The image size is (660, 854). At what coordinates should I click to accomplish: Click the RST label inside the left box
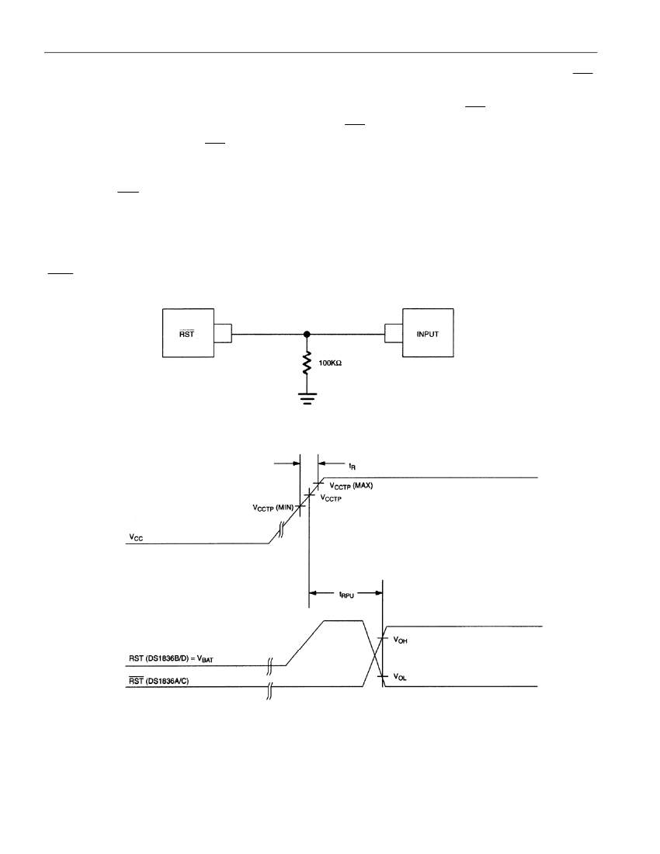point(187,334)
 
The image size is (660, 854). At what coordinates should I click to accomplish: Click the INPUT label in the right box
point(428,334)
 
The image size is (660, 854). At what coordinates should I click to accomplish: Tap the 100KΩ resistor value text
point(330,363)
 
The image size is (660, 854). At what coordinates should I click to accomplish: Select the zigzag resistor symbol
point(307,363)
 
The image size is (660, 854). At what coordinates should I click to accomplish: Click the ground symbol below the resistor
point(307,399)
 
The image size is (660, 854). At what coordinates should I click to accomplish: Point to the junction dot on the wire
point(307,334)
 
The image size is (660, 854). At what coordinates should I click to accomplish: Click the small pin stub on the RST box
point(223,333)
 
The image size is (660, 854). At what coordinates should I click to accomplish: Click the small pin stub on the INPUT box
point(393,333)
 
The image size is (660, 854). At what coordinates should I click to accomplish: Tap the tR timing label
point(353,467)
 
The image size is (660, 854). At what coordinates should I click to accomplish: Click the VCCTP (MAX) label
point(351,486)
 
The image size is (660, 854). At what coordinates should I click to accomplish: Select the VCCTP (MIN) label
point(273,508)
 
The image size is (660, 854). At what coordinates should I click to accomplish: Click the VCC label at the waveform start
point(136,537)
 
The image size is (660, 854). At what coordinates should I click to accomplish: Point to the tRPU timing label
point(346,595)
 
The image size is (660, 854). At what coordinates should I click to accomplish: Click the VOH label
point(400,640)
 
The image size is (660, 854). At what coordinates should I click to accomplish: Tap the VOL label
point(400,678)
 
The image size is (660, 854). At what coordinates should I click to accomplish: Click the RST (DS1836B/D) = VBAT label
point(171,659)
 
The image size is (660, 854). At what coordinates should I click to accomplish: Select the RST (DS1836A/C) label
point(159,681)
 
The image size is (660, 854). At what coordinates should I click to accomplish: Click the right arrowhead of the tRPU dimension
point(378,592)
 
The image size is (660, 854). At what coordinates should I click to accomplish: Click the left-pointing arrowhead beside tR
point(321,463)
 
